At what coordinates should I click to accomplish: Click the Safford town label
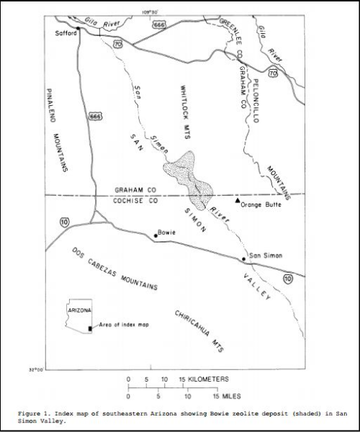[64, 33]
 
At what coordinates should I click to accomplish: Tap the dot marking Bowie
[156, 235]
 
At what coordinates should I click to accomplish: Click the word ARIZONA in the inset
[78, 309]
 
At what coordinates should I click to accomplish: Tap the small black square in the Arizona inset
[89, 328]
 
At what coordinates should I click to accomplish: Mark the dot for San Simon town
[244, 259]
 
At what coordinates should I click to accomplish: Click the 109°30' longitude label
[150, 11]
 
